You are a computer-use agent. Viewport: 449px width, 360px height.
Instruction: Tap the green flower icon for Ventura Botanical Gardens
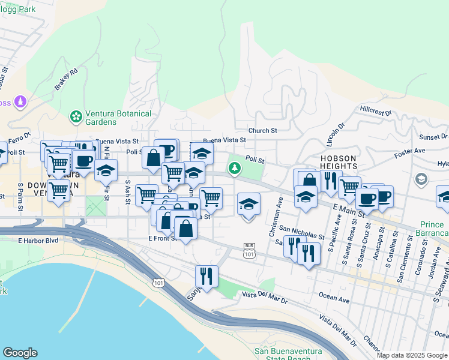(x=76, y=115)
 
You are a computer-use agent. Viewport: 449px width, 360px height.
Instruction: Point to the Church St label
(x=263, y=130)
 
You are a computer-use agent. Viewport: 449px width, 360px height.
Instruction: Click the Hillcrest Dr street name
(x=376, y=111)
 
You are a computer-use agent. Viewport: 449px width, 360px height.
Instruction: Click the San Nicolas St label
(x=302, y=232)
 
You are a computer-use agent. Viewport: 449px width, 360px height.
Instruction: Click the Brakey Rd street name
(x=66, y=79)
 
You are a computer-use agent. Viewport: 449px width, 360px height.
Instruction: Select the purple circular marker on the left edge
(x=21, y=102)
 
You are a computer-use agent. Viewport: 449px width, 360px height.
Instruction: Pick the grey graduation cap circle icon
(x=421, y=179)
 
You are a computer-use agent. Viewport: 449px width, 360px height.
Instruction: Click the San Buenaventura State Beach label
(x=282, y=355)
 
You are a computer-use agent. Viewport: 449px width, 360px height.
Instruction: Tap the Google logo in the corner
(x=20, y=353)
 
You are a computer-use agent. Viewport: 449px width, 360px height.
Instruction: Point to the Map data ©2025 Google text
(x=412, y=355)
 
